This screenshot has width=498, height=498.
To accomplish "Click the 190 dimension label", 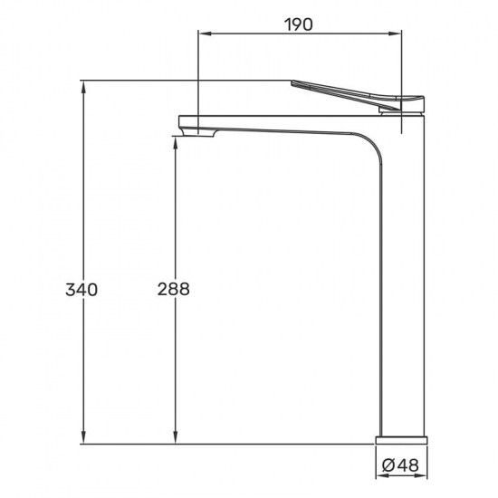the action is coord(298,24).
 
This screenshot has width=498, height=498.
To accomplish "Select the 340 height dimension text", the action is coord(81,290).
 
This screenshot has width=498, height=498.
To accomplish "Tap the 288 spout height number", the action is coord(174,289).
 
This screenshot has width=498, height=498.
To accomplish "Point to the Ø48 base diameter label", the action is coord(400,466).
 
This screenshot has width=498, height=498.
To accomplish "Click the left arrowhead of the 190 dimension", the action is coord(204,34).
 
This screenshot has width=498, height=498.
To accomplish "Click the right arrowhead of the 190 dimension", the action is coord(396,34).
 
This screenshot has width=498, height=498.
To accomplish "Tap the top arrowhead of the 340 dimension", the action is coord(83,87).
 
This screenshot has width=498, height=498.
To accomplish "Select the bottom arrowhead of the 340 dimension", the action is coord(83,437).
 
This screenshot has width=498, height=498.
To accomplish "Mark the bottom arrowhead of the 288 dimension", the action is coord(175,437).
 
